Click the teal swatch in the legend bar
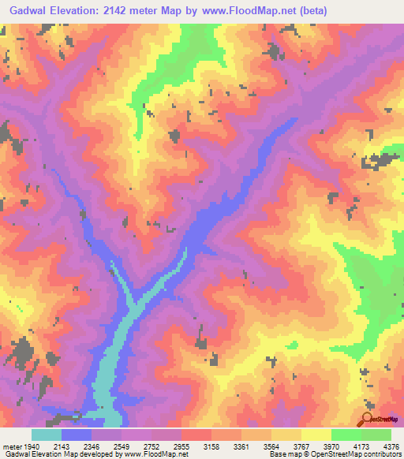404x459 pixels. click(47, 435)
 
